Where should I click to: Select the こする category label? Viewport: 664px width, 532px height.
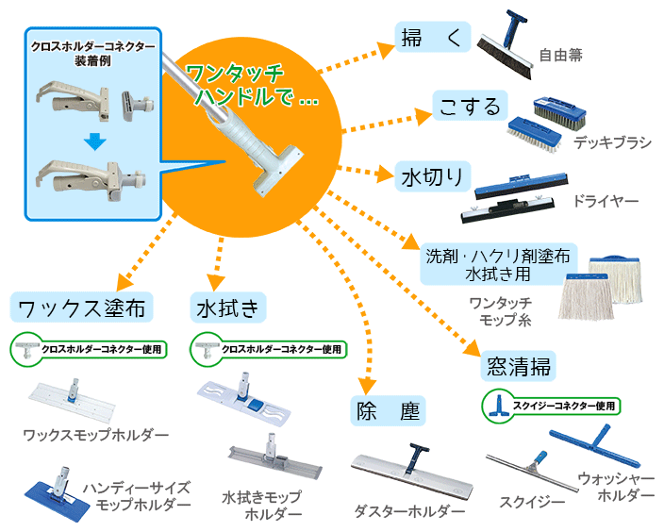[x=471, y=106]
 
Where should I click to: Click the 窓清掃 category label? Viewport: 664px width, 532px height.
[x=519, y=365]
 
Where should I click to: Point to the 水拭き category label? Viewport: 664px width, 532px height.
[x=230, y=308]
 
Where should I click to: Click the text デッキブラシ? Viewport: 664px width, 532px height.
[x=612, y=143]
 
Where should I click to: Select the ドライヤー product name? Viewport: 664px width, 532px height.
[x=606, y=202]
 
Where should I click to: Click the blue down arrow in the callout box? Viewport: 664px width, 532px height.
[x=91, y=142]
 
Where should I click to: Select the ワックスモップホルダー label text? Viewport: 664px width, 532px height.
[x=97, y=435]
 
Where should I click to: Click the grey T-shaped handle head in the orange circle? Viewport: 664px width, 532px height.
[x=277, y=169]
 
